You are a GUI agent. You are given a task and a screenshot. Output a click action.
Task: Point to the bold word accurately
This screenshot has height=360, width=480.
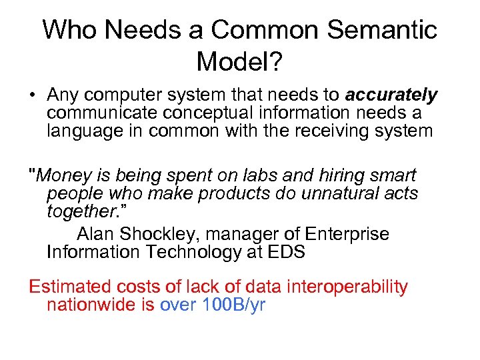[x=391, y=95]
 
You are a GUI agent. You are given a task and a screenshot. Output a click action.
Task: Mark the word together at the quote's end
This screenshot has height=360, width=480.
[x=79, y=211]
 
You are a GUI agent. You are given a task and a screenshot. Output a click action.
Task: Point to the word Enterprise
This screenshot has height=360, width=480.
[x=347, y=235]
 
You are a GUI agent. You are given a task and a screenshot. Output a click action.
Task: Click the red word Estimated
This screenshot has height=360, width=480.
[x=70, y=287]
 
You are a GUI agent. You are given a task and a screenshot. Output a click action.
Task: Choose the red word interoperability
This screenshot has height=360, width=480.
[x=347, y=287]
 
